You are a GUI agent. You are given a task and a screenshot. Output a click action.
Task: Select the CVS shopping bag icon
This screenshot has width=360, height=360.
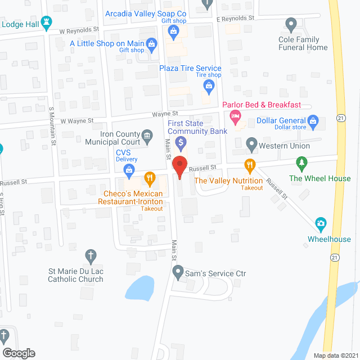click(129, 168)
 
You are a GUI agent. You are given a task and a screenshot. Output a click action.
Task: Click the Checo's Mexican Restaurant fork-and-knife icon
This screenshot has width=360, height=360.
click(150, 179)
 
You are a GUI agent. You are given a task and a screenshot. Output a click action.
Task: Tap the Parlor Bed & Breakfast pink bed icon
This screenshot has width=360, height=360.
click(235, 118)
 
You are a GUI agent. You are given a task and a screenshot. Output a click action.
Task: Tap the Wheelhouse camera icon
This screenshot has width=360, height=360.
click(321, 224)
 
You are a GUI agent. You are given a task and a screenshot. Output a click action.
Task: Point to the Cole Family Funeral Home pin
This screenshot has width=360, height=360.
click(291, 24)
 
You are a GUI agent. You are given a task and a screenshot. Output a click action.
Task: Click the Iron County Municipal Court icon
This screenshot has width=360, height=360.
click(147, 135)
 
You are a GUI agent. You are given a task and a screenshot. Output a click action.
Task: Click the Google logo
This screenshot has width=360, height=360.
click(18, 353)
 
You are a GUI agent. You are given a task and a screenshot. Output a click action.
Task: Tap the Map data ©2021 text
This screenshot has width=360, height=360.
click(335, 355)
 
